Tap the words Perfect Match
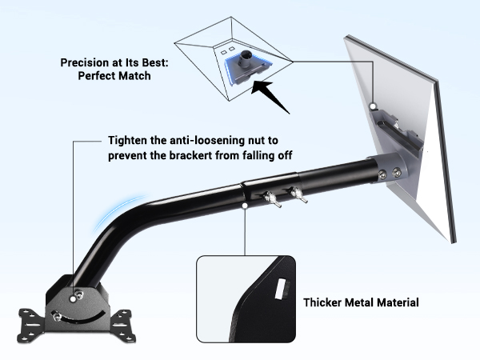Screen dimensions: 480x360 (x=114, y=76)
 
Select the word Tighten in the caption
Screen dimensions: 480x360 (x=127, y=141)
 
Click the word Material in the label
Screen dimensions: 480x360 (x=398, y=302)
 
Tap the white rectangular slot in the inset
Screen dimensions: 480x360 (x=281, y=289)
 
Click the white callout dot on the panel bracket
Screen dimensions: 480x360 (x=373, y=106)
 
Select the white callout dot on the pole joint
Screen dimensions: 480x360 (x=245, y=206)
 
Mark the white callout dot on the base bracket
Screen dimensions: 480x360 (x=73, y=298)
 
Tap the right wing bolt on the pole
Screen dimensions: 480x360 (x=298, y=195)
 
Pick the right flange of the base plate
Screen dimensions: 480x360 (x=123, y=326)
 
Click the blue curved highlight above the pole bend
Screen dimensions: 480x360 (x=114, y=208)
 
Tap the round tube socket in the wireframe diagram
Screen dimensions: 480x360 (x=246, y=58)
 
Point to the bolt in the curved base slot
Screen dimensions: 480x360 (x=57, y=316)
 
